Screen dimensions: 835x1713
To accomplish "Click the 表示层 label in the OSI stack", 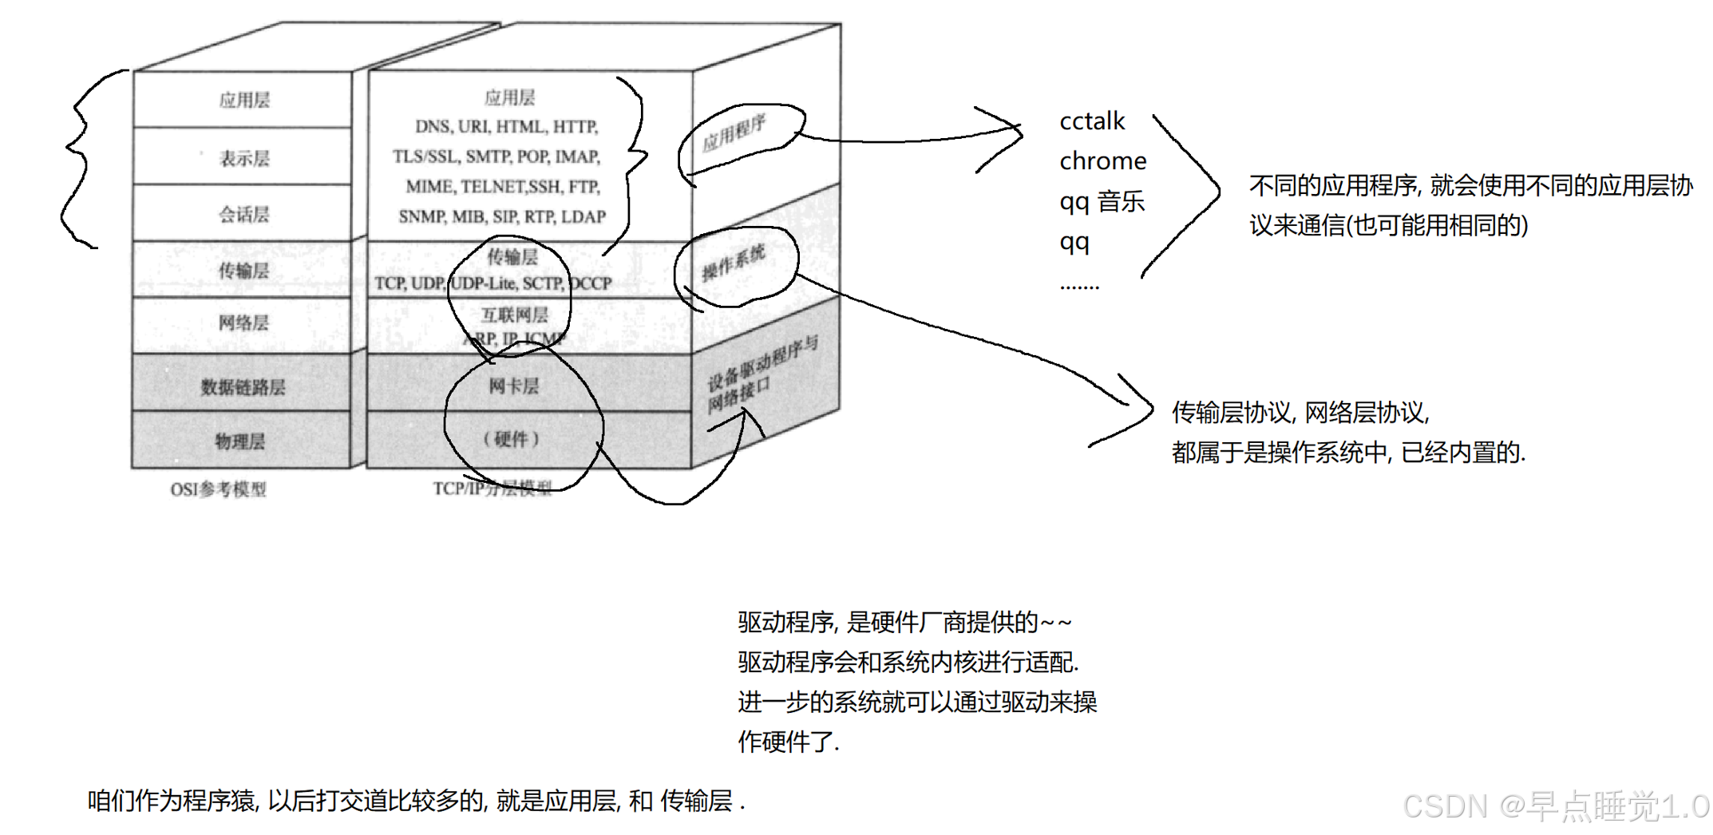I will (244, 159).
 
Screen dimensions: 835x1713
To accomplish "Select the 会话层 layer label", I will (244, 215).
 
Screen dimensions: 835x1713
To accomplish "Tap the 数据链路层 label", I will (243, 387).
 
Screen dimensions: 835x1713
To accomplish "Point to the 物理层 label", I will (240, 441).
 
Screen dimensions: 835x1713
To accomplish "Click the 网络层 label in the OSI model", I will (244, 323).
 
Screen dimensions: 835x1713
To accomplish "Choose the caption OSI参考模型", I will (218, 489).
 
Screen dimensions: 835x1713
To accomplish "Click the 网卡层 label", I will (513, 386).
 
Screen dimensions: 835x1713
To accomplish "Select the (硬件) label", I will (512, 439).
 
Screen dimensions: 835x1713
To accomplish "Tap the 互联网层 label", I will (515, 315).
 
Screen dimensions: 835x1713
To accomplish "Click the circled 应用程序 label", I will (734, 133).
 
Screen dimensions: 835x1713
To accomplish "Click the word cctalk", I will (1091, 121).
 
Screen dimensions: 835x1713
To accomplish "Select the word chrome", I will (1102, 161).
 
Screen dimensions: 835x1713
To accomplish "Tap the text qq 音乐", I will (1102, 201).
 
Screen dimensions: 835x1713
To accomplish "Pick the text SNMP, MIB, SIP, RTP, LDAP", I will (502, 217).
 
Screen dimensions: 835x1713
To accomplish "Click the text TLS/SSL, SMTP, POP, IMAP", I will (496, 157).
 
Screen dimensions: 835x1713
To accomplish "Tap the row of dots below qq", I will (1079, 287).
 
